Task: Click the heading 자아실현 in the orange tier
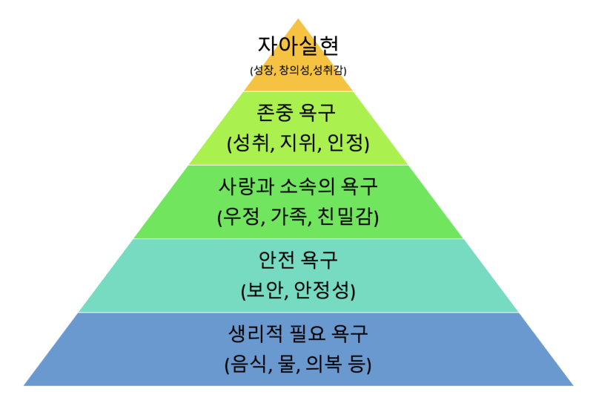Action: click(298, 45)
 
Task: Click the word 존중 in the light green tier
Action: click(274, 112)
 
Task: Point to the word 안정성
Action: click(322, 291)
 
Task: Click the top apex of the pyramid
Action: click(298, 18)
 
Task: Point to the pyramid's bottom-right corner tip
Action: click(573, 385)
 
